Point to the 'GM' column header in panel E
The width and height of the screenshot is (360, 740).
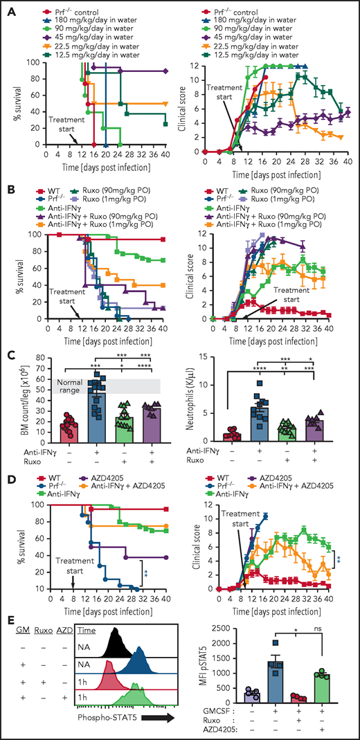point(21,615)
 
